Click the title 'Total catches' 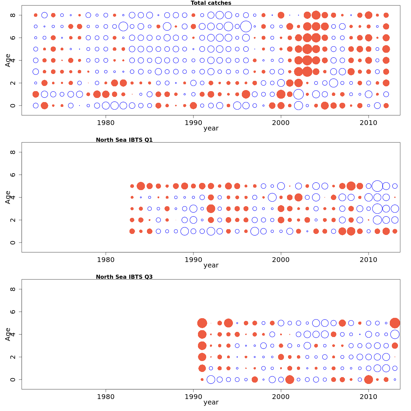211,3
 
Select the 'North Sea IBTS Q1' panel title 124,140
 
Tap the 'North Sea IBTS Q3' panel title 124,277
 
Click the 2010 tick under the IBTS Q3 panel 369,396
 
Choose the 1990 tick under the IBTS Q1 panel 194,259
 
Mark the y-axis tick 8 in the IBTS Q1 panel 13,152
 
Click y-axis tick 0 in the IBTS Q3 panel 13,379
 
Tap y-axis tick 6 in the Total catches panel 13,38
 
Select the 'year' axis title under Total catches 211,128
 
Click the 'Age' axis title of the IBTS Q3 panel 8,334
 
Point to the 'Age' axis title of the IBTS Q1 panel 8,197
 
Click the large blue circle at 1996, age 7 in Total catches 246,26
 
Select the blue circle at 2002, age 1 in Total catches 298,94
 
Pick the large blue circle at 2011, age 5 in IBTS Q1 377,186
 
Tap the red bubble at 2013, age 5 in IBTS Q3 395,323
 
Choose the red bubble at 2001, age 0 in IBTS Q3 290,379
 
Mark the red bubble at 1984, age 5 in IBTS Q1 141,186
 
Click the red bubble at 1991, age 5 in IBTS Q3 202,323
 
